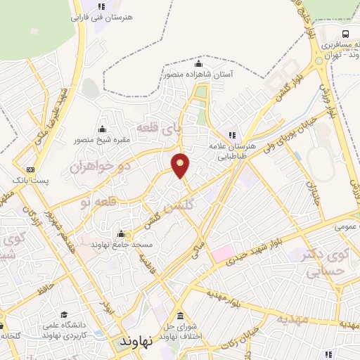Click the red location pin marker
[181, 165]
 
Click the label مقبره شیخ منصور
[103, 139]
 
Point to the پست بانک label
[32, 181]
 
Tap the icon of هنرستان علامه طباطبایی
[230, 135]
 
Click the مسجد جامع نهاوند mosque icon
[120, 234]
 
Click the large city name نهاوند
[136, 342]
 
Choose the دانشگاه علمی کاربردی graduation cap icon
[65, 315]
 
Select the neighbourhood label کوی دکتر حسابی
[328, 262]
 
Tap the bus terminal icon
[345, 33]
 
